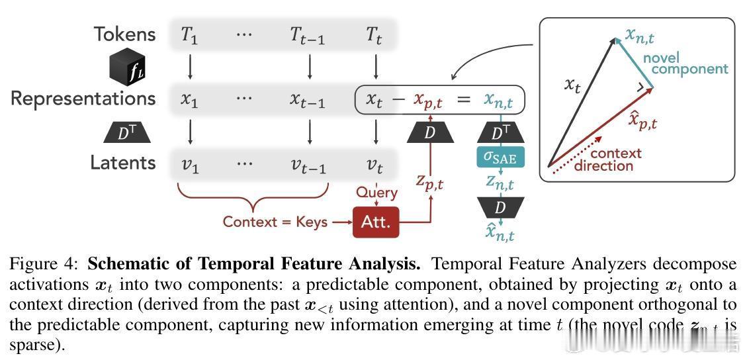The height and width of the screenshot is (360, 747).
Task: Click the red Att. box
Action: pos(376,222)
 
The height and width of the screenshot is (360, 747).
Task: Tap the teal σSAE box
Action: pos(500,157)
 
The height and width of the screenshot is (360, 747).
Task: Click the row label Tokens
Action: pos(124,34)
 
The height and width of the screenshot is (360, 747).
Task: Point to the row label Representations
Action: pos(83,99)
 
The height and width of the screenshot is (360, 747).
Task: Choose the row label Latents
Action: pos(123,163)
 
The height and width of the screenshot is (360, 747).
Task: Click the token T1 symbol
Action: pos(190,35)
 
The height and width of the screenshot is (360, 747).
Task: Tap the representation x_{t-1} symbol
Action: pos(308,100)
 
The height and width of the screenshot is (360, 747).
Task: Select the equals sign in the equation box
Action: pos(463,100)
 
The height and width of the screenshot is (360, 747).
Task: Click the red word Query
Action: pos(376,193)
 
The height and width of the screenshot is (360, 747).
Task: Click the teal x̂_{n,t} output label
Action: pos(500,232)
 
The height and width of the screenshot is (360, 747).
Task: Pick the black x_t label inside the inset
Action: pos(572,84)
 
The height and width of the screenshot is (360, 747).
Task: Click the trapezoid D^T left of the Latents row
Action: pos(127,133)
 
